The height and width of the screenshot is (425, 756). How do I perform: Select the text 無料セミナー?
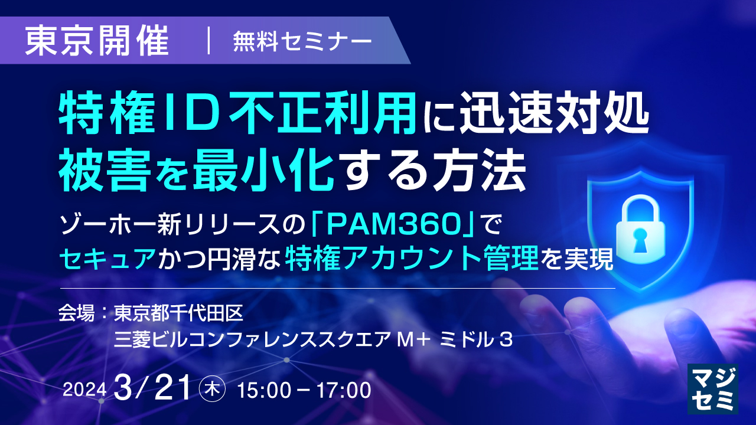click(302, 41)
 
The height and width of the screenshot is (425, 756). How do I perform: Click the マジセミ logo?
click(713, 387)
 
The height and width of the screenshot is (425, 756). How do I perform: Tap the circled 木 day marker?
click(211, 389)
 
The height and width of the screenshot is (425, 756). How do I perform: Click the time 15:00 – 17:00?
click(304, 390)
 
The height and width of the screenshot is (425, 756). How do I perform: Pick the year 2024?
click(84, 390)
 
